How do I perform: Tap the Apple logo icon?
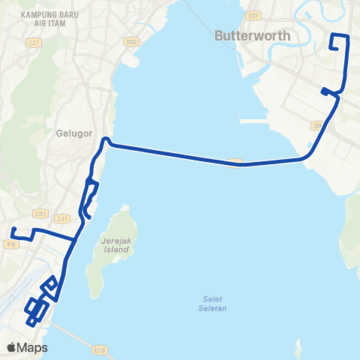pos(12,347)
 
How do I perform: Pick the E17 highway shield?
pos(253,13)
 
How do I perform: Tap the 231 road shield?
pos(63,218)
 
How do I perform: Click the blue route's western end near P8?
pos(12,229)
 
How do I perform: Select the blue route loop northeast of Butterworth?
pos(339,43)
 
